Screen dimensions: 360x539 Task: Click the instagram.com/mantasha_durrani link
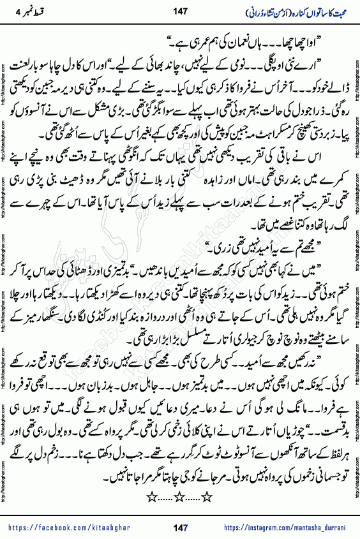tap(290, 527)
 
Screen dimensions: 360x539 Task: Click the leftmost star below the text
tap(151, 495)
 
